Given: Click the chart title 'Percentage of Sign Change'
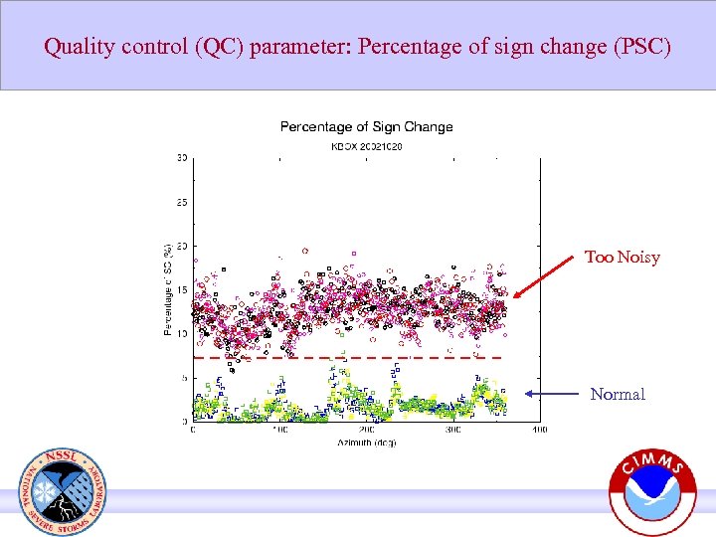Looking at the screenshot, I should coord(366,126).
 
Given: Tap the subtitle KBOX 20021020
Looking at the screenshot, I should coord(366,146).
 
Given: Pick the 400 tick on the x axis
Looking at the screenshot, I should coord(539,430).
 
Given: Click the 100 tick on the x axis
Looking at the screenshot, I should coord(279,430).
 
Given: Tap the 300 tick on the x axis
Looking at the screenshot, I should coord(452,430).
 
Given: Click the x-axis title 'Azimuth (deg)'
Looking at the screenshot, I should coord(366,440).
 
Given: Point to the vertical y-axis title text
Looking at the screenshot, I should coord(168,289).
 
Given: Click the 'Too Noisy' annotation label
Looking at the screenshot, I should coord(622,258).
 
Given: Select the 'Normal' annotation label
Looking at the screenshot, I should coord(618,395).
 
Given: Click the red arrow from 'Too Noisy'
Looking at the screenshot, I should coord(551,277).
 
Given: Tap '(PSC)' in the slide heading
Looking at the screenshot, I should coord(642,46).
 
